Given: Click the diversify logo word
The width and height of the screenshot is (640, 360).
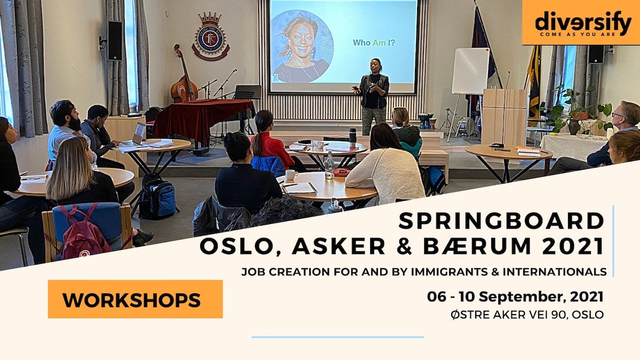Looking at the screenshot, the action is (x=583, y=22).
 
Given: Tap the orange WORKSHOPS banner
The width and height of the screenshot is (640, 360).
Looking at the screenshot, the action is (x=135, y=299).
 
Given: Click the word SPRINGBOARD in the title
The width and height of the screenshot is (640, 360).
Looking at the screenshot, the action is (x=501, y=221).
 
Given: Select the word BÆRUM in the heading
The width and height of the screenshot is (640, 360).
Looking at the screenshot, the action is (x=477, y=246).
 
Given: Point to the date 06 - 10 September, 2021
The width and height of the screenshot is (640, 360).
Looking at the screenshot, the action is (x=515, y=297).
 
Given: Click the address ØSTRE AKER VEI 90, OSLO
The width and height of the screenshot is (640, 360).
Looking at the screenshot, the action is (x=527, y=315).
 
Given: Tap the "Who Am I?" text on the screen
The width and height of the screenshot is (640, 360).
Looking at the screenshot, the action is (x=374, y=43).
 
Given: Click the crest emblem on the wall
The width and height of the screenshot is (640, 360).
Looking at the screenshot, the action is (x=211, y=36).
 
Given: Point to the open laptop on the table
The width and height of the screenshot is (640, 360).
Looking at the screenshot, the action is (x=135, y=135).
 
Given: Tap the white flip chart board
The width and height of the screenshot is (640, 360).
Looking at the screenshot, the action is (x=470, y=71).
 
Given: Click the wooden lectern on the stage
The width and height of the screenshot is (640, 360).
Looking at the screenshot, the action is (x=505, y=117).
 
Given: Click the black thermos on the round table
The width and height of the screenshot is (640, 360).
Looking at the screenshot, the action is (x=353, y=135).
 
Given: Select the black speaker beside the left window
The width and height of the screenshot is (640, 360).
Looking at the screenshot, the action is (x=115, y=41).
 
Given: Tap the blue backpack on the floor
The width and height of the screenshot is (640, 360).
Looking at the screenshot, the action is (x=158, y=197).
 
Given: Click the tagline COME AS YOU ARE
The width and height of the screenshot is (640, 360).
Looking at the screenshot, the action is (x=577, y=34).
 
